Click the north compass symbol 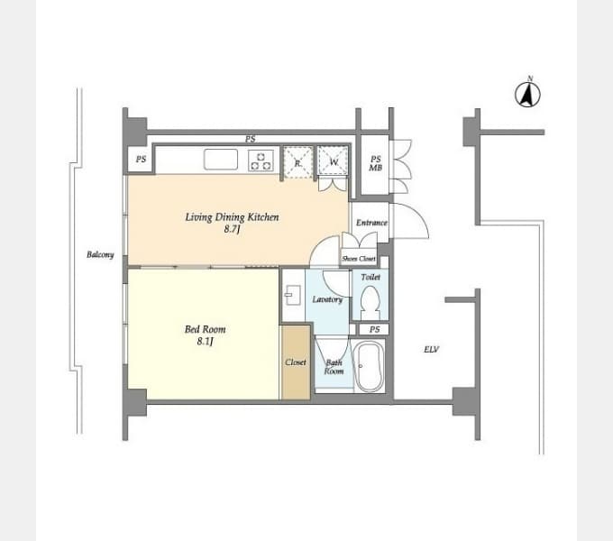(x=527, y=94)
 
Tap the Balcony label (x=100, y=254)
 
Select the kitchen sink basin (x=221, y=160)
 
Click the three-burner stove (x=261, y=161)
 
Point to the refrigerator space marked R (x=297, y=162)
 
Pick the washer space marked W (x=333, y=160)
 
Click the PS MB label (x=375, y=163)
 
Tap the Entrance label (x=371, y=223)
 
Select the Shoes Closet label (x=359, y=259)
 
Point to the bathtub (x=368, y=366)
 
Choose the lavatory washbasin (x=292, y=295)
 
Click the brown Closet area (x=296, y=362)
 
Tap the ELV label (x=432, y=349)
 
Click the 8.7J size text (x=232, y=229)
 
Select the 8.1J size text (x=205, y=341)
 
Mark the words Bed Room (x=205, y=329)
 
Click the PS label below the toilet (x=374, y=329)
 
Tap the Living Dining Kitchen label (x=232, y=217)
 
